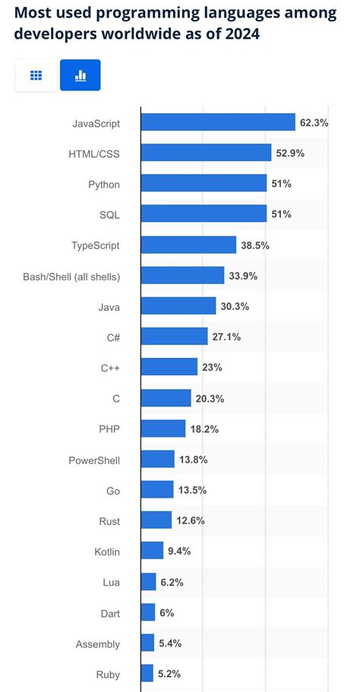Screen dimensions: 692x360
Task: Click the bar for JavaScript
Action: tap(218, 122)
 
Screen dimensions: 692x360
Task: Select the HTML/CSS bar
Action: tap(206, 153)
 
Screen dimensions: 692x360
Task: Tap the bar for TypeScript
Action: tap(188, 245)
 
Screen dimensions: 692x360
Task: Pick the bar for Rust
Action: tap(156, 520)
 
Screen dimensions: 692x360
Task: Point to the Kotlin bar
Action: tap(152, 551)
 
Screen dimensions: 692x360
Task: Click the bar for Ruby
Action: tap(147, 673)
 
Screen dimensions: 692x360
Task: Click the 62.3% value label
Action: tap(314, 122)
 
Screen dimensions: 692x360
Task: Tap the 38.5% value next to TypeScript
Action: tap(255, 245)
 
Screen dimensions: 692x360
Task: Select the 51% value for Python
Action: tap(282, 184)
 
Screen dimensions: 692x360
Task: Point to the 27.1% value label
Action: tap(226, 337)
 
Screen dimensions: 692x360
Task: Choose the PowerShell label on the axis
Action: tap(94, 460)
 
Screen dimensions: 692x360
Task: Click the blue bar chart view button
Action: tap(80, 75)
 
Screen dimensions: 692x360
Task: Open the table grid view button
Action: tap(36, 75)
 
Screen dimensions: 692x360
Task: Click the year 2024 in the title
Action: tap(240, 35)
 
